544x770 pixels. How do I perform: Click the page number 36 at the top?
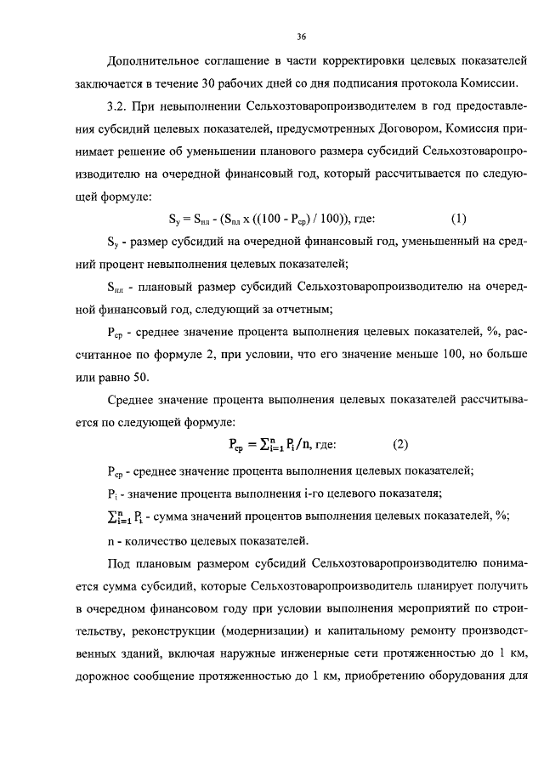pos(302,37)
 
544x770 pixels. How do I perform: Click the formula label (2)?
pos(400,444)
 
